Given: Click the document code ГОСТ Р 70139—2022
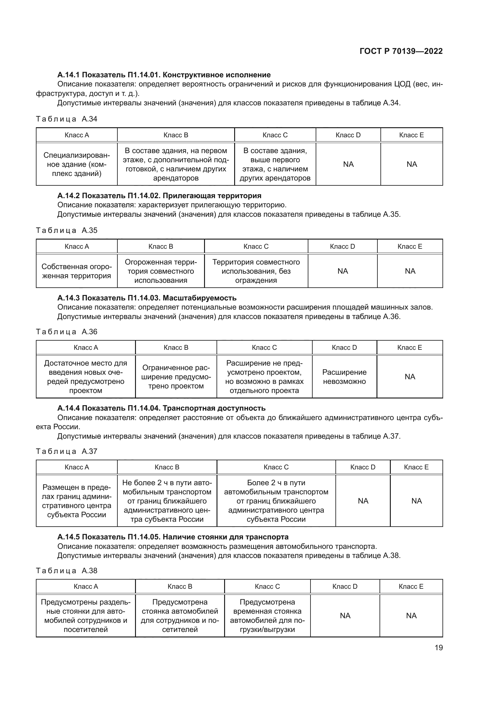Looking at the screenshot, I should pyautogui.click(x=401, y=51).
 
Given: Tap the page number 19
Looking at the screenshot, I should pyautogui.click(x=439, y=647).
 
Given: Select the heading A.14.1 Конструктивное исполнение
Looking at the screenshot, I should pyautogui.click(x=164, y=75).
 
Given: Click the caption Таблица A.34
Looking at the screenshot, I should pyautogui.click(x=67, y=119).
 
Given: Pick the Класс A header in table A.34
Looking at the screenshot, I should pyautogui.click(x=77, y=135).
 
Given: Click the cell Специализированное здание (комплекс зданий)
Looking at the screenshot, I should pyautogui.click(x=77, y=164).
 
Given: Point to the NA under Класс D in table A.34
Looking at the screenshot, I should pyautogui.click(x=348, y=164).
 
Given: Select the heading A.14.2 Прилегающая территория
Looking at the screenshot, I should pyautogui.click(x=159, y=196).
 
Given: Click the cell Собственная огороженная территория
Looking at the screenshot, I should pyautogui.click(x=77, y=271).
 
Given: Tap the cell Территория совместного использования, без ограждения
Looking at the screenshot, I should pyautogui.click(x=256, y=271).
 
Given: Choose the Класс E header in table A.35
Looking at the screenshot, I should pyautogui.click(x=409, y=246).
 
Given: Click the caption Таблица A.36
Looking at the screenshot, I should pyautogui.click(x=67, y=332).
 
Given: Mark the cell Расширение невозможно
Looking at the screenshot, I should pyautogui.click(x=344, y=377).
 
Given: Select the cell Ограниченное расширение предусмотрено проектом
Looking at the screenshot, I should pyautogui.click(x=176, y=377).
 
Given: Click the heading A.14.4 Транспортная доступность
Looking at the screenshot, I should pyautogui.click(x=161, y=408).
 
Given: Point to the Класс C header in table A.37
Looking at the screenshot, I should pyautogui.click(x=276, y=467).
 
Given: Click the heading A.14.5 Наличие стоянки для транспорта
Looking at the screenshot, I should pyautogui.click(x=173, y=537).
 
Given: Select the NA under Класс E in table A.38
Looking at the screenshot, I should pyautogui.click(x=411, y=616).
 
